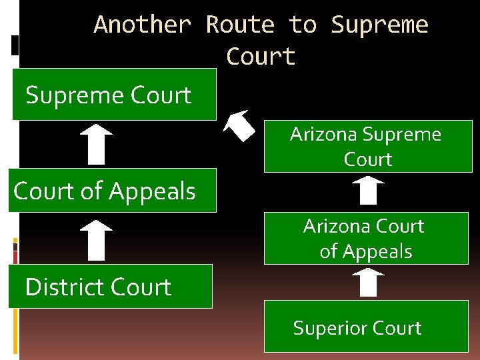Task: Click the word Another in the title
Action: pos(142,25)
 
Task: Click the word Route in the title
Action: pos(240,25)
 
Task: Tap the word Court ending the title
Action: pos(260,57)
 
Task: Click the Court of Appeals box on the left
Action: pos(112,191)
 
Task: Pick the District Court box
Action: pos(110,287)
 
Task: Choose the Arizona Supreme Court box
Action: pos(367,147)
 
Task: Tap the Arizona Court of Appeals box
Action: pos(366,239)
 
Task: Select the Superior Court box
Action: pos(366,327)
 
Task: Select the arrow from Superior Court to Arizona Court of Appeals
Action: pos(367,283)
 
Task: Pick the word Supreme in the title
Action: pos(379,25)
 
